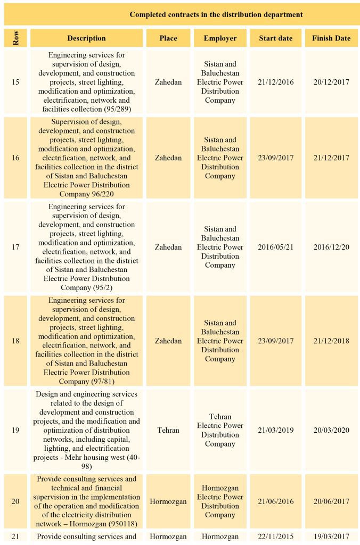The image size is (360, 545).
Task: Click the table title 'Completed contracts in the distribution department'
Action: tap(216, 15)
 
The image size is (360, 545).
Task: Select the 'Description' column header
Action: tap(86, 38)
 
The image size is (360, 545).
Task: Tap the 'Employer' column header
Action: tap(220, 38)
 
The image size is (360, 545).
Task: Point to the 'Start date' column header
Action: tap(275, 38)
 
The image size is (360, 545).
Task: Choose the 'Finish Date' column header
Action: tap(331, 38)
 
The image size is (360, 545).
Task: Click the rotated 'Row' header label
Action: tap(15, 38)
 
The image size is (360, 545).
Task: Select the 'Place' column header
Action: tap(168, 38)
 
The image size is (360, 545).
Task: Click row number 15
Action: tap(15, 82)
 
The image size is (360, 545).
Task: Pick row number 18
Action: tap(15, 341)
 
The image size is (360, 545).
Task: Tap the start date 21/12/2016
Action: tap(275, 82)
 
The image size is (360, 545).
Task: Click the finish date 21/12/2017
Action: tap(331, 158)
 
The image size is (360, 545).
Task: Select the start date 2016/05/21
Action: tap(275, 247)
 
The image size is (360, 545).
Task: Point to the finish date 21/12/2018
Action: tap(331, 341)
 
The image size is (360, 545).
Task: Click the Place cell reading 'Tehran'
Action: tap(168, 430)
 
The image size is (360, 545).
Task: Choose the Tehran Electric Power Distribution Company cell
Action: tap(220, 430)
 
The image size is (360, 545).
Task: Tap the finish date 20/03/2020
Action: tap(331, 430)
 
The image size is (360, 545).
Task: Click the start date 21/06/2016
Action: tap(275, 501)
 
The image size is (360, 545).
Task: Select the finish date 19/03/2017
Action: tap(331, 536)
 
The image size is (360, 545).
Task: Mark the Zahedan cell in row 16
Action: tap(168, 158)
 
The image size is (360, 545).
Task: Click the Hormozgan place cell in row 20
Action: tap(168, 501)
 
